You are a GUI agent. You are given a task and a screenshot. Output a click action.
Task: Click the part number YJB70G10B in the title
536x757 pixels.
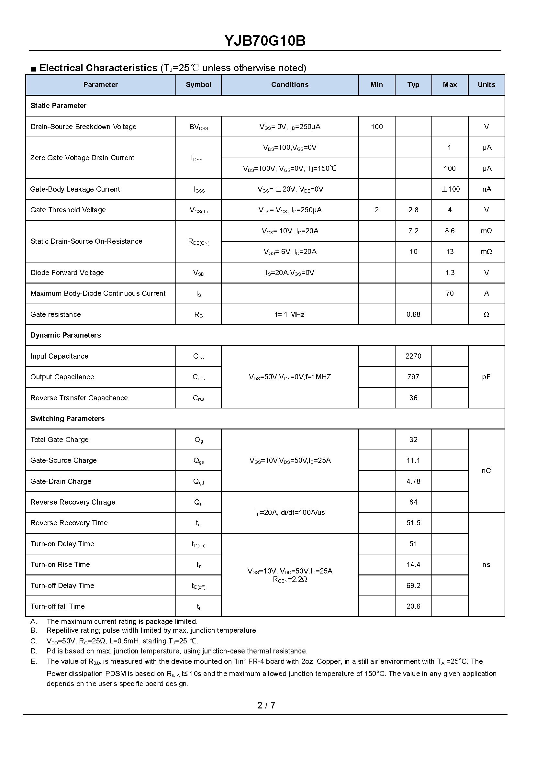[265, 41]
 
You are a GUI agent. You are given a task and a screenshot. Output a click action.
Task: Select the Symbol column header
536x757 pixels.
[198, 85]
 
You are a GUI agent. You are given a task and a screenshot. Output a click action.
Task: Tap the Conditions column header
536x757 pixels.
[290, 85]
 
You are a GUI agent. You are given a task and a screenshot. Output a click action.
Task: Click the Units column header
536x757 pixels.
[486, 85]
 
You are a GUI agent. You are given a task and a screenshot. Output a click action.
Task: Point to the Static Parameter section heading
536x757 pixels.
[58, 106]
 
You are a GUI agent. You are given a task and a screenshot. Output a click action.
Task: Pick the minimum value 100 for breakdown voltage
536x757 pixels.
[376, 127]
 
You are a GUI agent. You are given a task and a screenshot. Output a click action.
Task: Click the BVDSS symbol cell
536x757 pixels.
[198, 127]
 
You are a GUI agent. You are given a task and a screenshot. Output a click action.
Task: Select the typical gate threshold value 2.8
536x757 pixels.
[413, 210]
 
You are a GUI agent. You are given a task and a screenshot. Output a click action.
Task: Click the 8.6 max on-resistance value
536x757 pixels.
[450, 231]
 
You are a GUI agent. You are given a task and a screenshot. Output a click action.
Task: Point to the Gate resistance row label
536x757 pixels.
[55, 315]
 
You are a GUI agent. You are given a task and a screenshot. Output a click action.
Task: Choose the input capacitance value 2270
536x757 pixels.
[413, 356]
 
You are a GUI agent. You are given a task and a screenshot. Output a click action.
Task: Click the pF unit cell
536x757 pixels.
[486, 377]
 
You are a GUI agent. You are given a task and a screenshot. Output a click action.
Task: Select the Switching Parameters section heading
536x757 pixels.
[67, 419]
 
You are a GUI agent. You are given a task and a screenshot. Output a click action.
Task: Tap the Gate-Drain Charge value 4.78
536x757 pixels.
[413, 482]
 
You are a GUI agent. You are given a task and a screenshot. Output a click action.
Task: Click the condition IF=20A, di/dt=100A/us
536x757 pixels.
[290, 512]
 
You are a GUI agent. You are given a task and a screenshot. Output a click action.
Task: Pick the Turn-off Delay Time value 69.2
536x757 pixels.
[413, 586]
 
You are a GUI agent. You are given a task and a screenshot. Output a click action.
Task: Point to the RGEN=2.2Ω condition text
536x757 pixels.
[290, 580]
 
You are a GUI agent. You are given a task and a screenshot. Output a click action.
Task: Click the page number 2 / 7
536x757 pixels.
[266, 705]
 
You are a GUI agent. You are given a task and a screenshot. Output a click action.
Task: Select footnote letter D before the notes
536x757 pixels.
[34, 651]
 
